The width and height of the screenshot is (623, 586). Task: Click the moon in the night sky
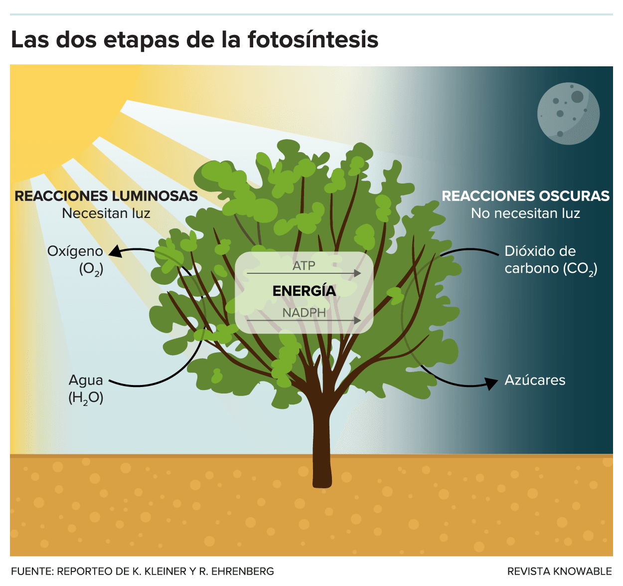[x=568, y=113]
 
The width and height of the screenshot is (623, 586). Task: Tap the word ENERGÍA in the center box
[x=304, y=291]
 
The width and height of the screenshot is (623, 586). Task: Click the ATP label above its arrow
[x=304, y=266]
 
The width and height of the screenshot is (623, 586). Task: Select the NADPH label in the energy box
[x=304, y=313]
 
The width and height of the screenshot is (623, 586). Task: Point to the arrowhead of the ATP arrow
[x=357, y=273]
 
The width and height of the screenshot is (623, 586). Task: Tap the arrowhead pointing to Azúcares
[x=491, y=383]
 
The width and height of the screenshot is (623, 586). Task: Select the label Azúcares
[x=535, y=380]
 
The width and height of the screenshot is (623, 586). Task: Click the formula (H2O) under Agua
[x=86, y=398]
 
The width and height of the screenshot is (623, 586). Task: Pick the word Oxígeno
[x=75, y=251]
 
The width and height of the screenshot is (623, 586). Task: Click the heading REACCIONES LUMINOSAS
[x=106, y=196]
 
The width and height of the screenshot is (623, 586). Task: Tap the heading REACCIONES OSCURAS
[x=525, y=196]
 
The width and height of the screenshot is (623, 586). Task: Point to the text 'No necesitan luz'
[x=525, y=213]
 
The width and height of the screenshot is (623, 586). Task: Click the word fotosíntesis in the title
[x=313, y=39]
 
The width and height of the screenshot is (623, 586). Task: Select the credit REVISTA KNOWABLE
[x=559, y=571]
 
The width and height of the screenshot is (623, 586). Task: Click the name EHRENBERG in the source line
[x=243, y=571]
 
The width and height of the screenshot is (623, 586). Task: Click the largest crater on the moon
[x=577, y=97]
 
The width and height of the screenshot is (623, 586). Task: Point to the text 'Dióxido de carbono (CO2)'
[x=551, y=260]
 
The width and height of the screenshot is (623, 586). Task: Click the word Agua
[x=86, y=381]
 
